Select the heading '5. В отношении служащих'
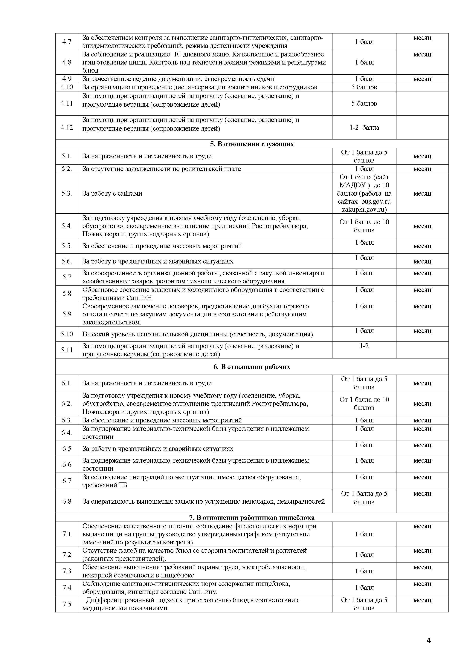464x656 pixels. pyautogui.click(x=252, y=144)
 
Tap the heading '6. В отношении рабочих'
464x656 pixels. pyautogui.click(x=252, y=367)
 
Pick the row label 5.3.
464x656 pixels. pyautogui.click(x=67, y=193)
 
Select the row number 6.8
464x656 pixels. pyautogui.click(x=67, y=501)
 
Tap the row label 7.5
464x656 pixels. pyautogui.click(x=67, y=604)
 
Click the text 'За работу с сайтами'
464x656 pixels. pyautogui.click(x=112, y=193)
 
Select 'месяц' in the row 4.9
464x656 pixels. pyautogui.click(x=422, y=79)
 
